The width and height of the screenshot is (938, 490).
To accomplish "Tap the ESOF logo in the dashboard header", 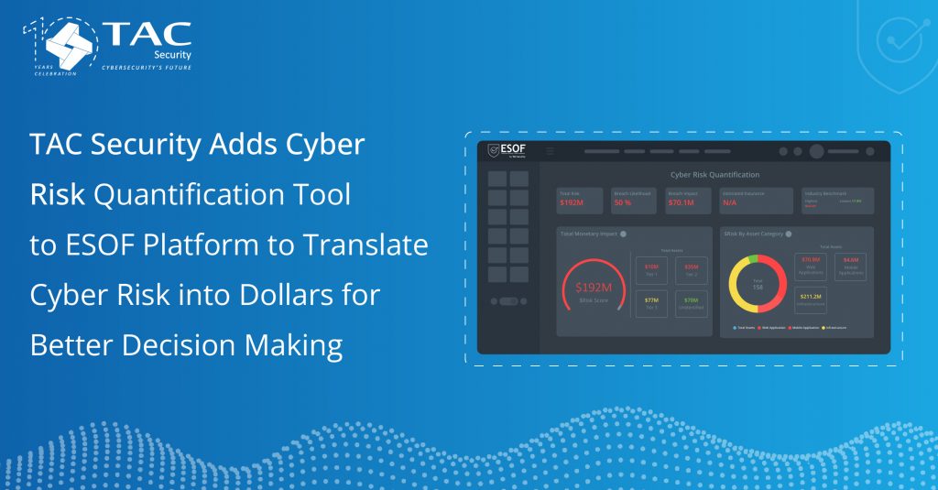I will (506, 151).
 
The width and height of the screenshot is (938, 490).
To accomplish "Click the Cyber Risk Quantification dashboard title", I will (714, 174).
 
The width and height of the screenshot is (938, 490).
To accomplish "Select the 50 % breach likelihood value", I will (623, 202).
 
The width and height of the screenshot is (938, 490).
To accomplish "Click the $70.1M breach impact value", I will (681, 202).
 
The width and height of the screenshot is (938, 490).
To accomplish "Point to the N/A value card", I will (730, 202).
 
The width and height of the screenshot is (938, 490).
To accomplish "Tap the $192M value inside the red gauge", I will (593, 288).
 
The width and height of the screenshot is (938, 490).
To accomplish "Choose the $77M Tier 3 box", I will (652, 302).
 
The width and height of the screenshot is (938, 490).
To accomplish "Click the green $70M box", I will (691, 302).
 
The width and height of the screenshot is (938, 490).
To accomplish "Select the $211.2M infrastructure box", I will (811, 299).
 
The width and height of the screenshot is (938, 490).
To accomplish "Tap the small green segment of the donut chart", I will (752, 260).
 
